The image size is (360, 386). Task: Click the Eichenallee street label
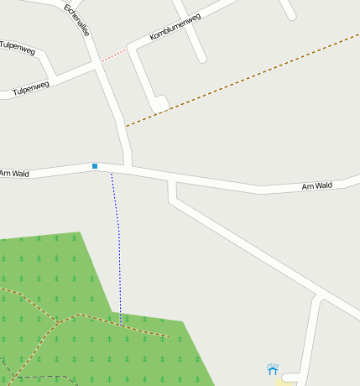pos(76,20)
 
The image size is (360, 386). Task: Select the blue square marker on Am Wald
pos(95,166)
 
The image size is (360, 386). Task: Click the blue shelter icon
pos(273,368)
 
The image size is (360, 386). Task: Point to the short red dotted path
pos(114,55)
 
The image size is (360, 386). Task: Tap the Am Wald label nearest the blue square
pos(14,174)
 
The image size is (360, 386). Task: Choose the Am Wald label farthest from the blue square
pos(317,185)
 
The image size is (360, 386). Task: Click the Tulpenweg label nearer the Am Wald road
pos(31,87)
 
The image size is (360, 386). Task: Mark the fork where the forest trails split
pos(57,321)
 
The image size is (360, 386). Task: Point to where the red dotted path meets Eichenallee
pos(101,61)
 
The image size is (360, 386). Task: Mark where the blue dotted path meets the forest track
pos(120,326)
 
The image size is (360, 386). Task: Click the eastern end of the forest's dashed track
pos(168,336)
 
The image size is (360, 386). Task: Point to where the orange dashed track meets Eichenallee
pos(125,127)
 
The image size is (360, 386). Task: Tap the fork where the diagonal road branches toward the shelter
pos(319,297)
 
